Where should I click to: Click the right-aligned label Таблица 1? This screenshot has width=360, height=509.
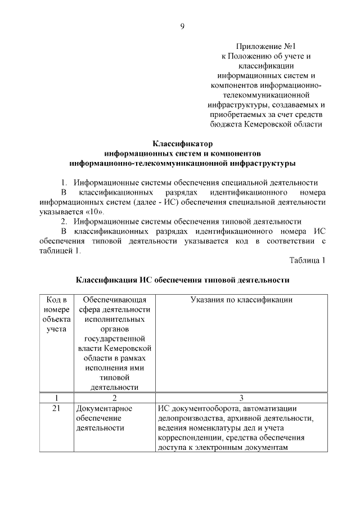(x=308, y=260)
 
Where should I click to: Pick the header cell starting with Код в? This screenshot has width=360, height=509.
(x=56, y=300)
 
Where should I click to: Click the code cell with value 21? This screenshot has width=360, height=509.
(x=56, y=408)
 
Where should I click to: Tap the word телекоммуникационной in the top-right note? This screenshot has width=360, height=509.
(x=267, y=94)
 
